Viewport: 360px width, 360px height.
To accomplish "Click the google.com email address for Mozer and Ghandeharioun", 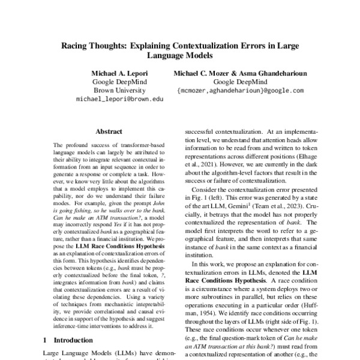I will (241, 91).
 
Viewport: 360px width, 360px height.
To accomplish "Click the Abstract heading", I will (109, 131).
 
